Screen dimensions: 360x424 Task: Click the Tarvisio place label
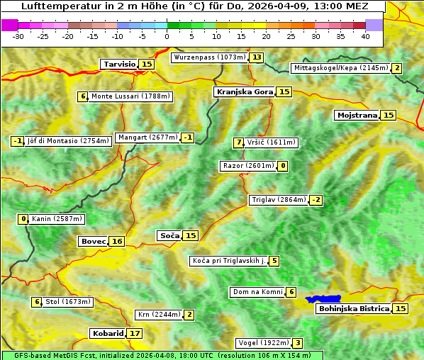pyautogui.click(x=119, y=64)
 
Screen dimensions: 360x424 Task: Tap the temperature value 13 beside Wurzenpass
pyautogui.click(x=256, y=57)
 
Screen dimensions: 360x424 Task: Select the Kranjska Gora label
pyautogui.click(x=244, y=92)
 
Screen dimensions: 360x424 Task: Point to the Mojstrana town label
pyautogui.click(x=357, y=115)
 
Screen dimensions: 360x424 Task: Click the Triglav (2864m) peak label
pyautogui.click(x=278, y=200)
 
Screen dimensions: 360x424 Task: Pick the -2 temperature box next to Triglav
pyautogui.click(x=316, y=200)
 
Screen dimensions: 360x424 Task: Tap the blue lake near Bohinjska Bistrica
pyautogui.click(x=323, y=300)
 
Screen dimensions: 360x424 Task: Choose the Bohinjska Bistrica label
pyautogui.click(x=353, y=309)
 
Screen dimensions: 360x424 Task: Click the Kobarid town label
pyautogui.click(x=107, y=333)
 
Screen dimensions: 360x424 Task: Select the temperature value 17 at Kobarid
pyautogui.click(x=135, y=333)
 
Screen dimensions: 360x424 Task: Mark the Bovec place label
pyautogui.click(x=93, y=242)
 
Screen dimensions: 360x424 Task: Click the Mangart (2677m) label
pyautogui.click(x=147, y=137)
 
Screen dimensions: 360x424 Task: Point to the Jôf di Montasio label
pyautogui.click(x=68, y=141)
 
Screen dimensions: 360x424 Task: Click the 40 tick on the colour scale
pyautogui.click(x=365, y=35)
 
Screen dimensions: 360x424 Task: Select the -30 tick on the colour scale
pyautogui.click(x=18, y=35)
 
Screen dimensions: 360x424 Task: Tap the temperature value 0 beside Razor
pyautogui.click(x=283, y=166)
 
